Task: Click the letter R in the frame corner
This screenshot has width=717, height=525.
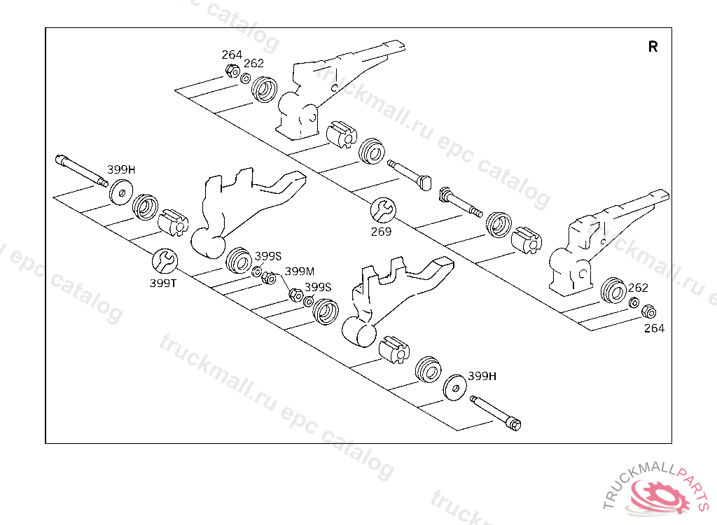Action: coord(653,47)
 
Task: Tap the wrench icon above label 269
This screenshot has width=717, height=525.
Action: coord(383,209)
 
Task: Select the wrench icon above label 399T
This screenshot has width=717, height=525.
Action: coord(165,261)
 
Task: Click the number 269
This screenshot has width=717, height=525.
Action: coord(382,232)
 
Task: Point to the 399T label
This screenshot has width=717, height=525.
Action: coord(164,283)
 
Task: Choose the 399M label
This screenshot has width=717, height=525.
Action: coord(300,271)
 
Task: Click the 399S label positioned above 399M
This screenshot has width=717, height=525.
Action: coord(267,255)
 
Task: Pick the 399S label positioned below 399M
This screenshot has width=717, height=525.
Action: coord(318,286)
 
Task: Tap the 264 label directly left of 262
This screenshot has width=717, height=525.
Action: coord(232,55)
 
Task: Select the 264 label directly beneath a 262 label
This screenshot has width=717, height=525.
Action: coord(654,328)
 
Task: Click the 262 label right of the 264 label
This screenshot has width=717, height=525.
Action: coord(253,63)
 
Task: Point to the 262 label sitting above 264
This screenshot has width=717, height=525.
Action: coord(638,288)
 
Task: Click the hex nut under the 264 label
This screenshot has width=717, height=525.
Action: coord(232,70)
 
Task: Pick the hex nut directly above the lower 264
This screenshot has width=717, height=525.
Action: coord(648,311)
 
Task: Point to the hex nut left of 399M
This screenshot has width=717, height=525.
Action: coord(268,277)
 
